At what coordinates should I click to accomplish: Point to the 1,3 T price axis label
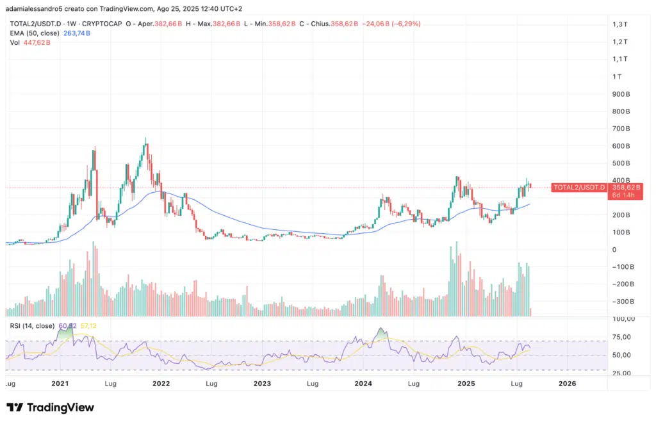pyautogui.click(x=619, y=24)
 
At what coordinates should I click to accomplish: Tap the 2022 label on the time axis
pyautogui.click(x=161, y=384)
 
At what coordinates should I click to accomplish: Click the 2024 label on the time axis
pyautogui.click(x=364, y=384)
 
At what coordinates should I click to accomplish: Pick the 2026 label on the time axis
pyautogui.click(x=567, y=384)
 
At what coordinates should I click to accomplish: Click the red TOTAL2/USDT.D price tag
pyautogui.click(x=578, y=187)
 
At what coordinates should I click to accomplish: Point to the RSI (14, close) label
pyautogui.click(x=33, y=326)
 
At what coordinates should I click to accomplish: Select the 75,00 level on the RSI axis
pyautogui.click(x=622, y=337)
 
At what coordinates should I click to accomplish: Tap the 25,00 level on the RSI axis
pyautogui.click(x=622, y=373)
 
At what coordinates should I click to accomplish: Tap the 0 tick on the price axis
pyautogui.click(x=614, y=249)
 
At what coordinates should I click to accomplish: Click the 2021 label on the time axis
pyautogui.click(x=60, y=384)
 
